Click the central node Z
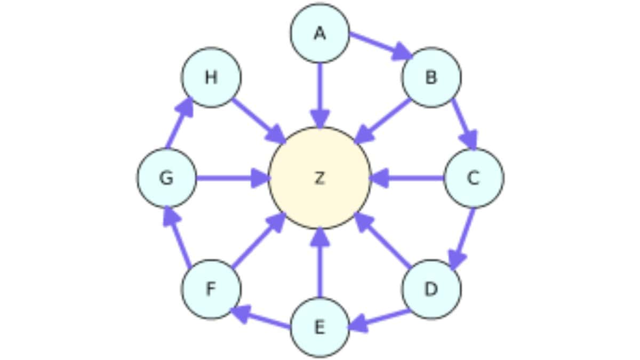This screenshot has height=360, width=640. tap(319, 178)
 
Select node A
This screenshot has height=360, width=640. tap(319, 33)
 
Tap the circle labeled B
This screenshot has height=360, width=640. tap(431, 77)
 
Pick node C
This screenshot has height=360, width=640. tap(474, 178)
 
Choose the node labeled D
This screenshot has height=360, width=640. tap(431, 289)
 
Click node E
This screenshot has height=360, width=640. tap(319, 327)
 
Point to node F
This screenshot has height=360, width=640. tap(211, 289)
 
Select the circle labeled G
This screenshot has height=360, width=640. tap(166, 178)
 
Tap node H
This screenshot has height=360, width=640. tap(211, 77)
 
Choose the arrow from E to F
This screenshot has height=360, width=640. tap(261, 318)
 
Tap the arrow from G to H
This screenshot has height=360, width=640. tap(179, 124)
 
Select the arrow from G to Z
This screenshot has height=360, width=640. tap(233, 178)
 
